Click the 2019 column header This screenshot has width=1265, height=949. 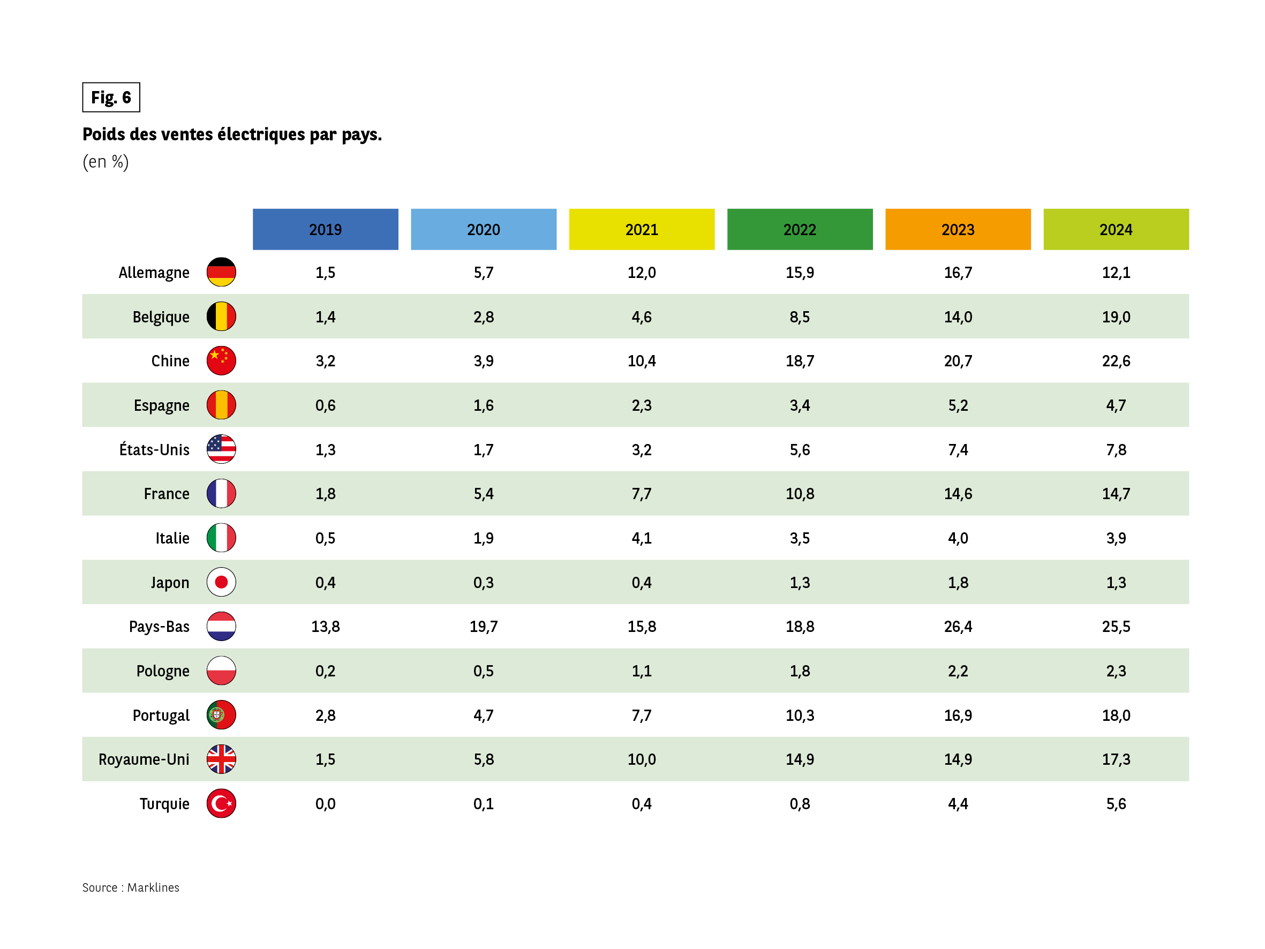click(x=326, y=229)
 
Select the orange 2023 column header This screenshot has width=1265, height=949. click(x=958, y=229)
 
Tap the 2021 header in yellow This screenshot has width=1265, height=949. click(x=642, y=229)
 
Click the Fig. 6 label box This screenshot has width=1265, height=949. click(x=111, y=97)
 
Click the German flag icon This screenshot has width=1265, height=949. click(x=221, y=272)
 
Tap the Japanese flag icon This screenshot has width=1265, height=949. click(x=221, y=582)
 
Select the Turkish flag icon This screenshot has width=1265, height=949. click(x=221, y=804)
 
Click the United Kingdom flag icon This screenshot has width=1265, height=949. click(x=221, y=759)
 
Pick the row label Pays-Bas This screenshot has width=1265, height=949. click(x=159, y=627)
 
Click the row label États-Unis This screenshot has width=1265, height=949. click(x=154, y=450)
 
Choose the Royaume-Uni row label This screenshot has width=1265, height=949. click(x=144, y=759)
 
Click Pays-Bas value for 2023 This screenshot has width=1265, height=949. click(x=958, y=627)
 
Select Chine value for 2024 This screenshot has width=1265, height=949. click(x=1116, y=361)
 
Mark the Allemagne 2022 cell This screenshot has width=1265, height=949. click(x=800, y=272)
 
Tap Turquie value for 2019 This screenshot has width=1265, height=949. click(x=326, y=804)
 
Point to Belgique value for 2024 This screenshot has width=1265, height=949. click(x=1116, y=317)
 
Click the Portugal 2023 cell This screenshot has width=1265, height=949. click(x=958, y=715)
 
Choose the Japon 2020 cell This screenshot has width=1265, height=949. click(x=483, y=582)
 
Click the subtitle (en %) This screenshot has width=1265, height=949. click(x=106, y=162)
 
